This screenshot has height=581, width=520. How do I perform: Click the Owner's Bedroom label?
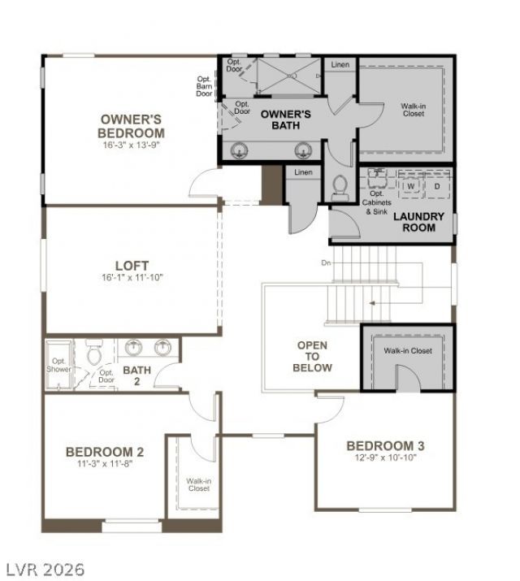(x=131, y=126)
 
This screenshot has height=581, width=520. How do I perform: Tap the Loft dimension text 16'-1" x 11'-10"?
(x=132, y=278)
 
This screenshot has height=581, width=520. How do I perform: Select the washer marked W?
(x=411, y=185)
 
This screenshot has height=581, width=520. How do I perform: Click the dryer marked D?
(x=437, y=186)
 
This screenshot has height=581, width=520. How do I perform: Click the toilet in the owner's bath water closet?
(x=340, y=188)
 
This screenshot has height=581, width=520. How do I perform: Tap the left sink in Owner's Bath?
(x=239, y=151)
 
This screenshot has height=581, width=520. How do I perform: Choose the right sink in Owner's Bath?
(x=303, y=151)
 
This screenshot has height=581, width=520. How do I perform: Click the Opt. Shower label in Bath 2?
(x=58, y=365)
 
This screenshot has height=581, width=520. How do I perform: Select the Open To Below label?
(x=312, y=357)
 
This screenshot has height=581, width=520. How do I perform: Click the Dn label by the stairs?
(x=326, y=262)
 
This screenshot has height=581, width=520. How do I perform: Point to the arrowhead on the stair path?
(x=372, y=303)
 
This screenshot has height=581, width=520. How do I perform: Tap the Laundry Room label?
(x=418, y=222)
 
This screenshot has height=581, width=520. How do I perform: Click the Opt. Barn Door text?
(x=205, y=86)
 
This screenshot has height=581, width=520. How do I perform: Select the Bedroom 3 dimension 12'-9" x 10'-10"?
(x=386, y=457)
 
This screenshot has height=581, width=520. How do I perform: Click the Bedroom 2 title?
(x=105, y=452)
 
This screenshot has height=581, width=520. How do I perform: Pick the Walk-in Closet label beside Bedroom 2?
(x=199, y=484)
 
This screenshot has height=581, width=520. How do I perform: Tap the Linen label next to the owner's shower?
(x=340, y=64)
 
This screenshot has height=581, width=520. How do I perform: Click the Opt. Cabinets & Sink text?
(x=377, y=202)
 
